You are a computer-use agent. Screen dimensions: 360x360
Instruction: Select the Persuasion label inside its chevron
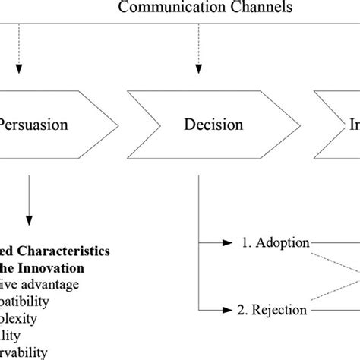point(33,125)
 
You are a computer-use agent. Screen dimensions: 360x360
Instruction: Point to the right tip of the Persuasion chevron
point(118,123)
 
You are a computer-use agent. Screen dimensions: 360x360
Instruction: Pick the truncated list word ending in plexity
point(23,318)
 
